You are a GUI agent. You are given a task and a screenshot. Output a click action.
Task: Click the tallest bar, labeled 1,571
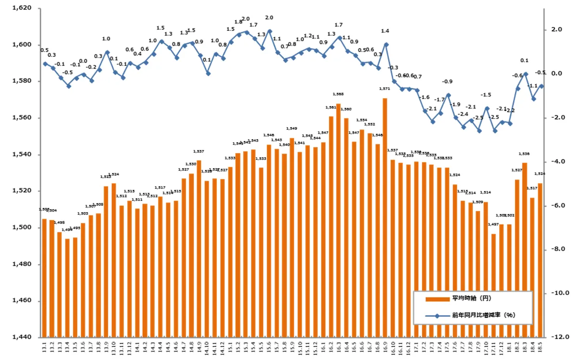tap(385, 217)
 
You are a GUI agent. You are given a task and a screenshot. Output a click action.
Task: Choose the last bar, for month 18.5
tap(540, 260)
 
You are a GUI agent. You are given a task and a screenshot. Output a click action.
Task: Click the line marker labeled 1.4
tap(386, 44)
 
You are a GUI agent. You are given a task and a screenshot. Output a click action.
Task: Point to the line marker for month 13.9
tap(107, 52)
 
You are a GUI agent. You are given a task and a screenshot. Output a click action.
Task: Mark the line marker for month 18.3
tap(526, 74)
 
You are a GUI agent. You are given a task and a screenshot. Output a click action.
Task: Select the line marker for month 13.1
tap(45, 64)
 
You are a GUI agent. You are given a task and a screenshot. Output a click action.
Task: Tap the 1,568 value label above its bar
tap(338, 94)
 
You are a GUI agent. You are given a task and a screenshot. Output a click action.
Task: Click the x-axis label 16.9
tap(385, 347)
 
